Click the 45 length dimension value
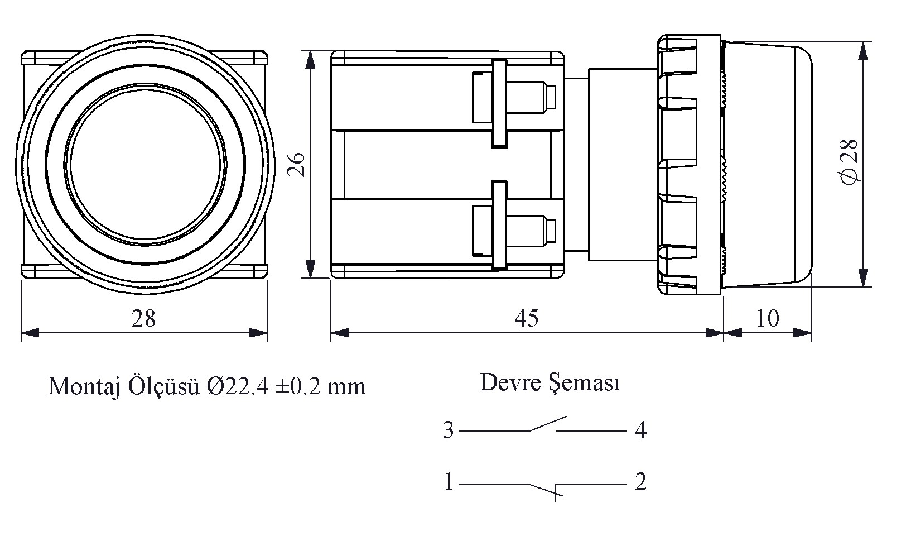click(526, 318)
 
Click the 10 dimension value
click(768, 318)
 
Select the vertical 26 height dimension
click(296, 164)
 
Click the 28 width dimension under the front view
click(143, 318)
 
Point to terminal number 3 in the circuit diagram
click(449, 430)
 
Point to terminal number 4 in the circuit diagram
click(641, 430)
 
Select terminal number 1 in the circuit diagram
click(449, 482)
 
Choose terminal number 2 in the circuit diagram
click(640, 481)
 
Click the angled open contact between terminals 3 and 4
click(548, 424)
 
